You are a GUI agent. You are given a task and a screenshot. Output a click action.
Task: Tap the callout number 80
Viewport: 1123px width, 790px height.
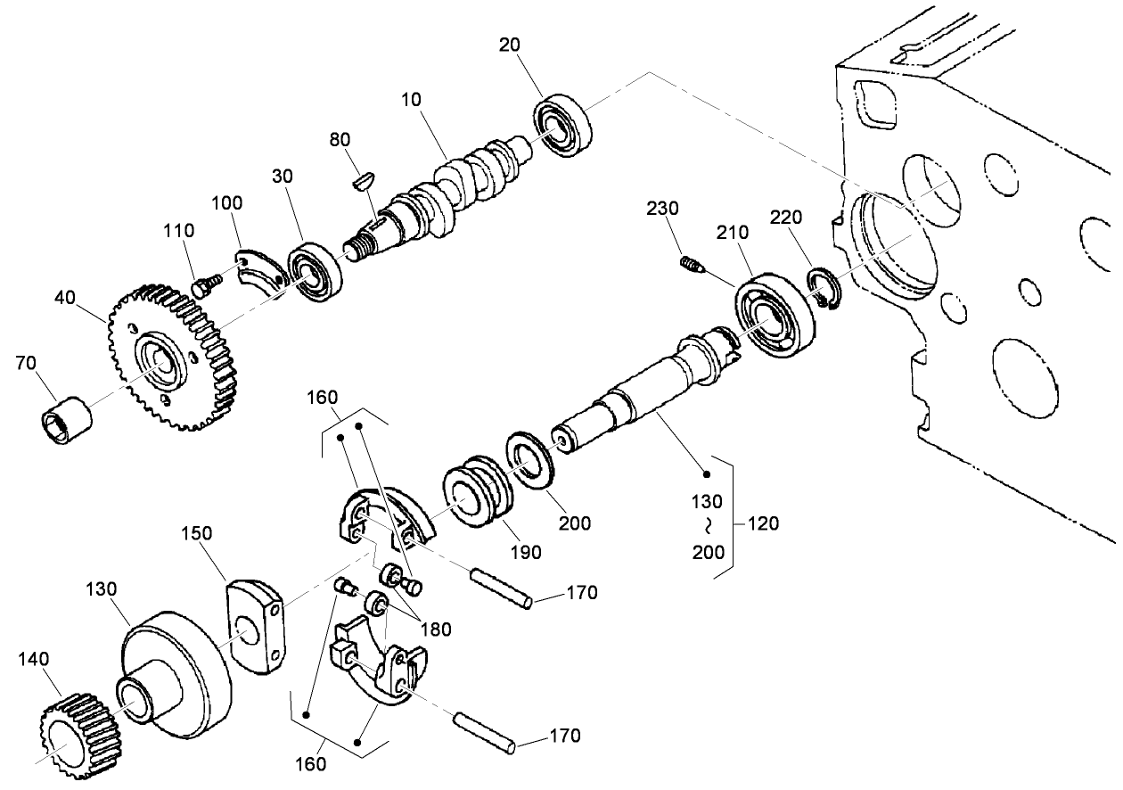(340, 139)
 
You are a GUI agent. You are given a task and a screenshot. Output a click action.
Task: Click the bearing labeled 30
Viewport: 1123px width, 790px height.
(315, 270)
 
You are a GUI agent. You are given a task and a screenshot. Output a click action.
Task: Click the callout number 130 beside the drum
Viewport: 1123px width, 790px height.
(102, 589)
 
